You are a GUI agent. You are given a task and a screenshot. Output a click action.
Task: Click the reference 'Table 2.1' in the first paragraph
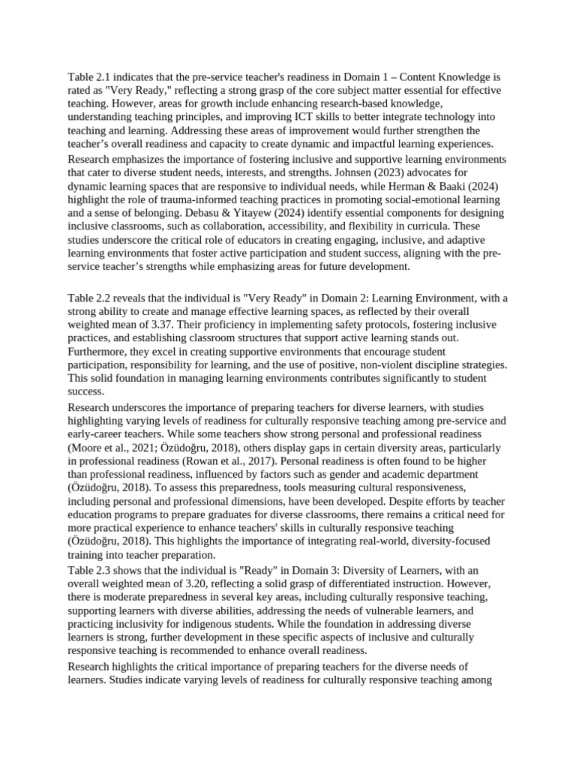[x=89, y=77]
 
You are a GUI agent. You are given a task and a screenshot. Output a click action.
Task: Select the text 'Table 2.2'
[x=89, y=298]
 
